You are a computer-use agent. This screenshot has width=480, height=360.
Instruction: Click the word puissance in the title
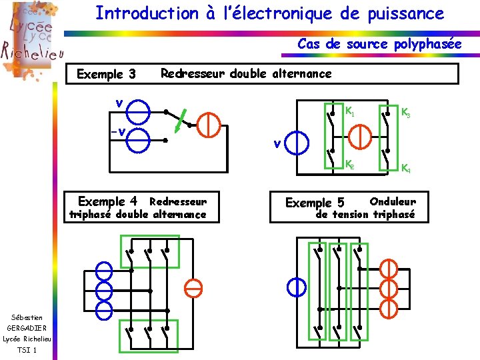(x=405, y=13)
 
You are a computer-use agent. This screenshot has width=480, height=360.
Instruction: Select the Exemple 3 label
(x=106, y=74)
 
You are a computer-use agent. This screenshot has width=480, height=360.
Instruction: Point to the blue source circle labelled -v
(x=139, y=141)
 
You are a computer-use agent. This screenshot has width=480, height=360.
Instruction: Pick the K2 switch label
(x=349, y=164)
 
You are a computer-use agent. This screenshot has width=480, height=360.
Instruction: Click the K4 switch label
(x=406, y=169)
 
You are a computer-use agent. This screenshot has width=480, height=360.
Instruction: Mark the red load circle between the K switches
(x=359, y=136)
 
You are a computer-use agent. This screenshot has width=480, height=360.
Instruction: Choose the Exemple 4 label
(x=107, y=201)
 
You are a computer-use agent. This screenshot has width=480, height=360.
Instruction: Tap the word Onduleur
(x=393, y=201)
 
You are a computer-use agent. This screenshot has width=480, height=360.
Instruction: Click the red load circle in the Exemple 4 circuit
(x=193, y=288)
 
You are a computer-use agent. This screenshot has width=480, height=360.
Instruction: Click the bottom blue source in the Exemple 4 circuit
(x=104, y=310)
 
